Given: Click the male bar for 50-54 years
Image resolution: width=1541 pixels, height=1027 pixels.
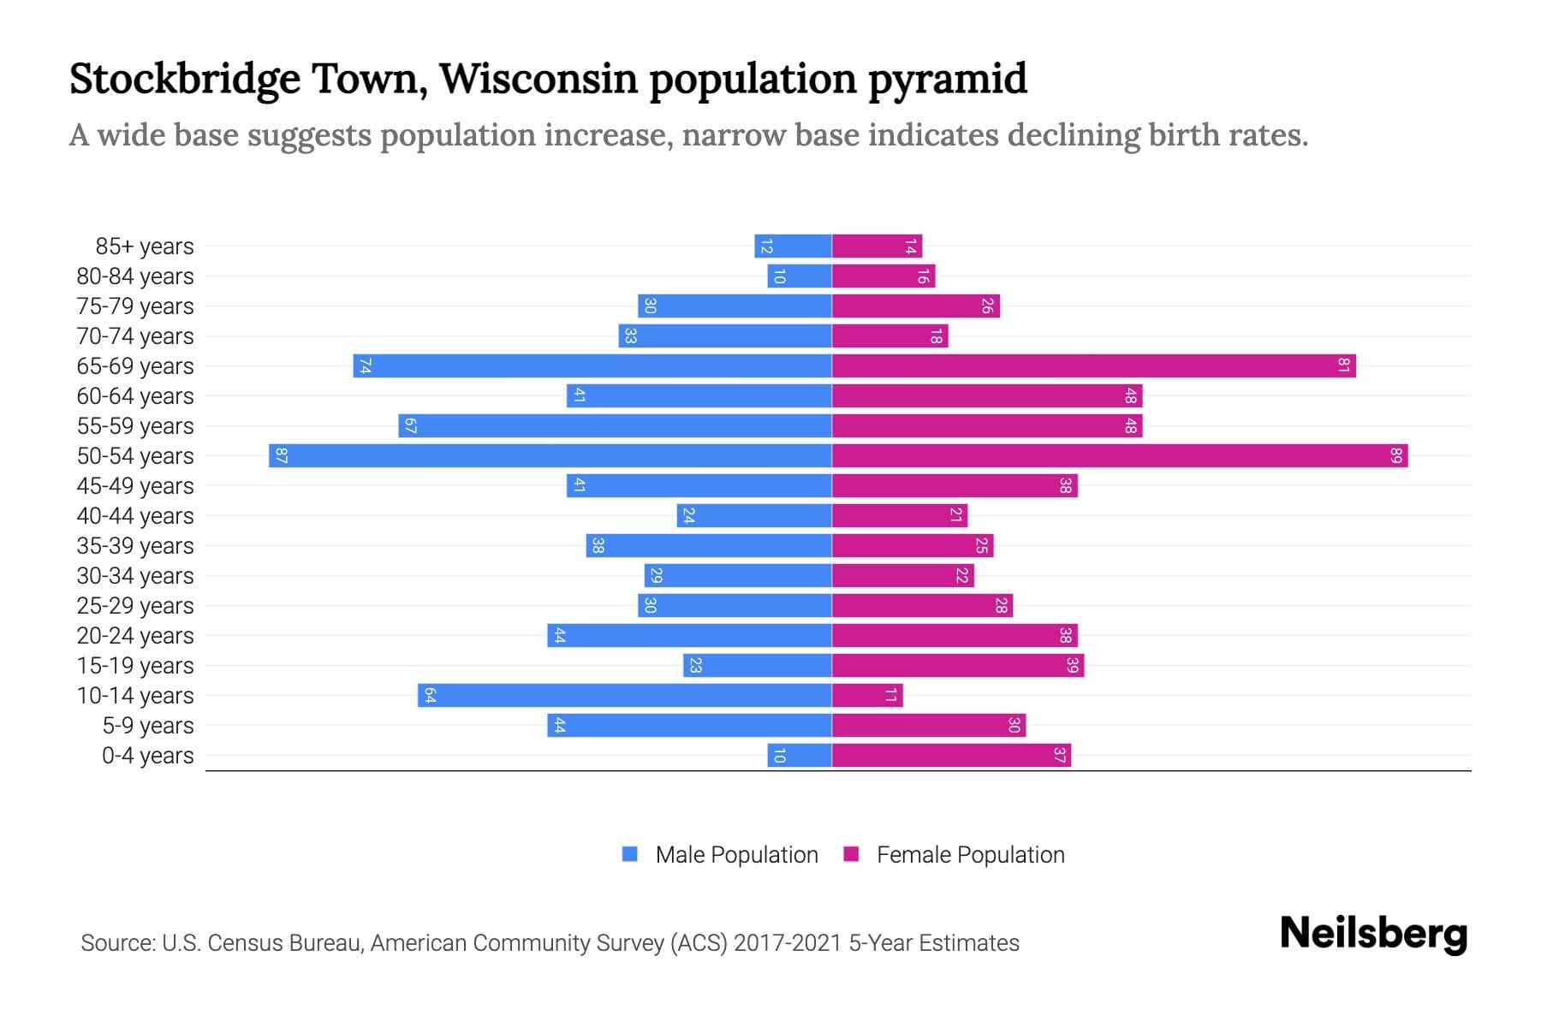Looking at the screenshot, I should (x=550, y=455).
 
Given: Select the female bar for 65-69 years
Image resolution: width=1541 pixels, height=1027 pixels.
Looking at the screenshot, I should (x=1093, y=365).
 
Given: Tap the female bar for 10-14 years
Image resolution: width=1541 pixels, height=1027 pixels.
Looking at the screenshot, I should (x=867, y=695).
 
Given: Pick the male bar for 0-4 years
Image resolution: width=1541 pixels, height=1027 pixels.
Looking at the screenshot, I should (x=800, y=755).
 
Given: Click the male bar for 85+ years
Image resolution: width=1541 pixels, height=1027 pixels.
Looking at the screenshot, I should (x=793, y=246).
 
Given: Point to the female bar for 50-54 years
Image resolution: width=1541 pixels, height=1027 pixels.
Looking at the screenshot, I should (x=1120, y=455).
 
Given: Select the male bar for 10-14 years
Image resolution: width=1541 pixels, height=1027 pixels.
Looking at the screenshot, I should (x=625, y=695).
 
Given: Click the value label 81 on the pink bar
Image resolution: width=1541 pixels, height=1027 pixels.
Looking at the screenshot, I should (x=1343, y=365).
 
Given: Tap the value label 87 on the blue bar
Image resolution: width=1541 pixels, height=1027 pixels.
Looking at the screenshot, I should (x=281, y=455).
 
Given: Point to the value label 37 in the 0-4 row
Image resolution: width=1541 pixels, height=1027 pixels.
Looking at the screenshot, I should (x=1059, y=755).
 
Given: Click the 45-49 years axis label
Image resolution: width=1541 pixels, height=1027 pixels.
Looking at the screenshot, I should (x=135, y=485).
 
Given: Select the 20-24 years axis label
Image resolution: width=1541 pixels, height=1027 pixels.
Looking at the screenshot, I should (x=135, y=635).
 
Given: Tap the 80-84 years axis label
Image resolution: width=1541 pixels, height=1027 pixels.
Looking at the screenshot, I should (x=135, y=276).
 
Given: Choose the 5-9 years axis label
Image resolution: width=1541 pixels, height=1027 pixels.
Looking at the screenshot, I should (x=147, y=725).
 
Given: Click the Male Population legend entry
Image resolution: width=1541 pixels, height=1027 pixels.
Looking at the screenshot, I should (x=736, y=854).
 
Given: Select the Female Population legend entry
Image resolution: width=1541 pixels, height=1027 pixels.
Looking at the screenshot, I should (x=970, y=854).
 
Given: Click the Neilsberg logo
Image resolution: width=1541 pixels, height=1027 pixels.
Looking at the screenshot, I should (x=1373, y=934).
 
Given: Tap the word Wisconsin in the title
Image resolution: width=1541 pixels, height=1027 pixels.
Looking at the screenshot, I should (x=538, y=79).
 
